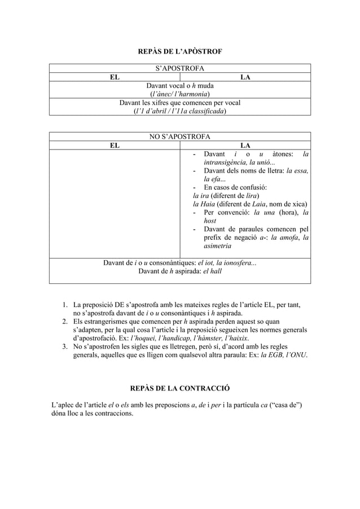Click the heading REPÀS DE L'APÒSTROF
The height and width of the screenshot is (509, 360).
[180, 52]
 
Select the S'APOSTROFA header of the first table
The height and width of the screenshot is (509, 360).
[179, 69]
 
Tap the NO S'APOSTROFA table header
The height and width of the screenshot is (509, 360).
[179, 137]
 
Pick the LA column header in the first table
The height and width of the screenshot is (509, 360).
[245, 77]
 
